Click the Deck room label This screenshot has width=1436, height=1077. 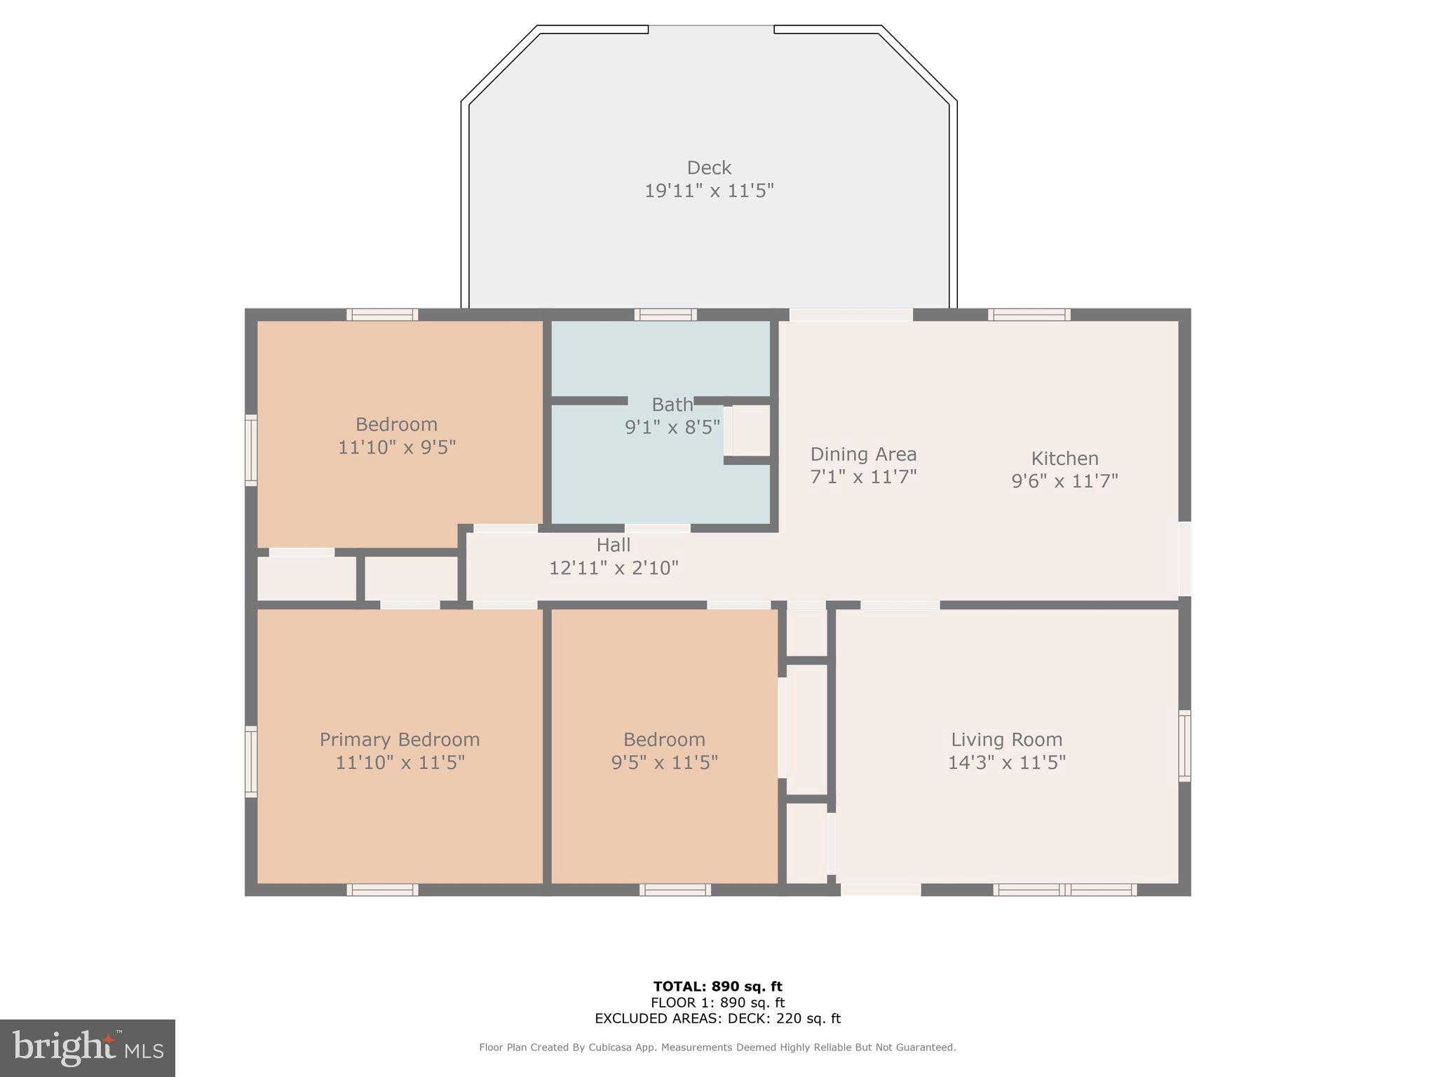[x=709, y=168]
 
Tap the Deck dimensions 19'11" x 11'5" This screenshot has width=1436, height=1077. [x=709, y=191]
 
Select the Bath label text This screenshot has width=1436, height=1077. [x=672, y=405]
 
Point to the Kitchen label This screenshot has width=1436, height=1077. [x=1064, y=459]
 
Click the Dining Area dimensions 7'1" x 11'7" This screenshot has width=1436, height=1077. [x=863, y=477]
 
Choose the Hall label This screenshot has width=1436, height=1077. [x=613, y=545]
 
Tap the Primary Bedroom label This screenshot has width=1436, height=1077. [x=400, y=740]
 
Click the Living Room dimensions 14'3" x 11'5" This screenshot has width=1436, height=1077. [x=1006, y=762]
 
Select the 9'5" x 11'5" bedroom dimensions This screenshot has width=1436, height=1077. [x=664, y=762]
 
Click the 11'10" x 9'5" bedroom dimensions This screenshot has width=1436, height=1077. [x=397, y=447]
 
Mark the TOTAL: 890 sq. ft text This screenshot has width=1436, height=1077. [x=717, y=987]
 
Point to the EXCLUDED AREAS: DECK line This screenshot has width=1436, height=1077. [x=717, y=1018]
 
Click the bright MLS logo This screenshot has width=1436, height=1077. [x=88, y=1048]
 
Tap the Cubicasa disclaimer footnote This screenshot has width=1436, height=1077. [x=717, y=1048]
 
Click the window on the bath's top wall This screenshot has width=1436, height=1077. [x=665, y=315]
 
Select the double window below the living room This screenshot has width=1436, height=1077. [x=1064, y=890]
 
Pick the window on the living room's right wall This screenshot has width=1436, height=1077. [x=1184, y=745]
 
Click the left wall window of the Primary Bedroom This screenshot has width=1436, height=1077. [x=251, y=761]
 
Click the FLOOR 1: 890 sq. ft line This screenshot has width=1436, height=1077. [x=717, y=1003]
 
